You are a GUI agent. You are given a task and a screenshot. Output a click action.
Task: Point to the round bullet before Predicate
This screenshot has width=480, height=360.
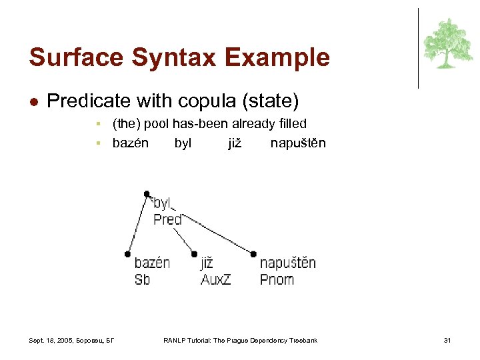pos(34,102)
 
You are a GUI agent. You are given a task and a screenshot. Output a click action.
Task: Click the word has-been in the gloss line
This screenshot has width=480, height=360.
pos(199,123)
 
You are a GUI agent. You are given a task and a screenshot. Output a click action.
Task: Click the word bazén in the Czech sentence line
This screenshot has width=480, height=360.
pos(131,143)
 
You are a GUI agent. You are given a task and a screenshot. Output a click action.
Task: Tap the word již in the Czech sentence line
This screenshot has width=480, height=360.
pos(235,143)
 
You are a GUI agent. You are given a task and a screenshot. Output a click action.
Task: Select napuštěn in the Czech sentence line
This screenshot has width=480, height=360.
pos(298,143)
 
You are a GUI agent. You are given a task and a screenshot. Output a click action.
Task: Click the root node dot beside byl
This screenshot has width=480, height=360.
pos(147,194)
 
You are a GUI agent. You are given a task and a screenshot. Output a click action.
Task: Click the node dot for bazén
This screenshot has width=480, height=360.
pos(127,253)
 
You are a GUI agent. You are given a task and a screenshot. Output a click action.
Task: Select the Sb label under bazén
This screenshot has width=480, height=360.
pos(142,279)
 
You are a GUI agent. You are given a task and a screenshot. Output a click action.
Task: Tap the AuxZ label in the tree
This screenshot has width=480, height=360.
pos(215,279)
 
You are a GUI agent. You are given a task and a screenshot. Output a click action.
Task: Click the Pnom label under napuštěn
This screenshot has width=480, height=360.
pos(277,279)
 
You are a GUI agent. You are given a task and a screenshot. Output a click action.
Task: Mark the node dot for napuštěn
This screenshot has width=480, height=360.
pos(253,253)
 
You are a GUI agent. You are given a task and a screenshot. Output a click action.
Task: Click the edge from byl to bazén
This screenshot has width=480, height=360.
pos(137,224)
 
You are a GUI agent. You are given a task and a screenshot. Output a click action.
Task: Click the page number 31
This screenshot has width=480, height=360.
pos(447,341)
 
